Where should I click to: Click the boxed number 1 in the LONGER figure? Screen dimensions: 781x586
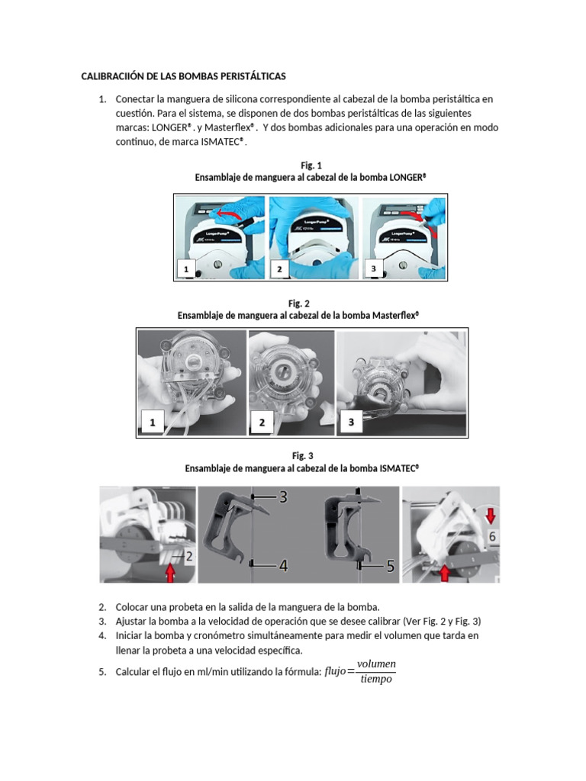point(186,269)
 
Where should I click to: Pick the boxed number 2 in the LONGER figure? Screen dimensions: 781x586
point(279,269)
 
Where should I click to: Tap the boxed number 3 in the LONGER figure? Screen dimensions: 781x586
point(373,269)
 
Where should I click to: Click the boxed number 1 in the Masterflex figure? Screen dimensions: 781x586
point(152,422)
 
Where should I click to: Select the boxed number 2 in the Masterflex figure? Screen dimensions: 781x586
point(262,422)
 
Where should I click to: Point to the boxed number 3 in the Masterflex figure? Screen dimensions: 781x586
point(351,420)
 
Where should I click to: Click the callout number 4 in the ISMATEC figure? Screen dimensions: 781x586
point(282,566)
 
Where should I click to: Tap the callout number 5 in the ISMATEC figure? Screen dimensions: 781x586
point(389,566)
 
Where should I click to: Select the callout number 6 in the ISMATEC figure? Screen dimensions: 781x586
point(493,537)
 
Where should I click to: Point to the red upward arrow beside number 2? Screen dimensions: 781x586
point(169,571)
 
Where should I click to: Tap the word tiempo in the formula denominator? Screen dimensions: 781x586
point(375,679)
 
